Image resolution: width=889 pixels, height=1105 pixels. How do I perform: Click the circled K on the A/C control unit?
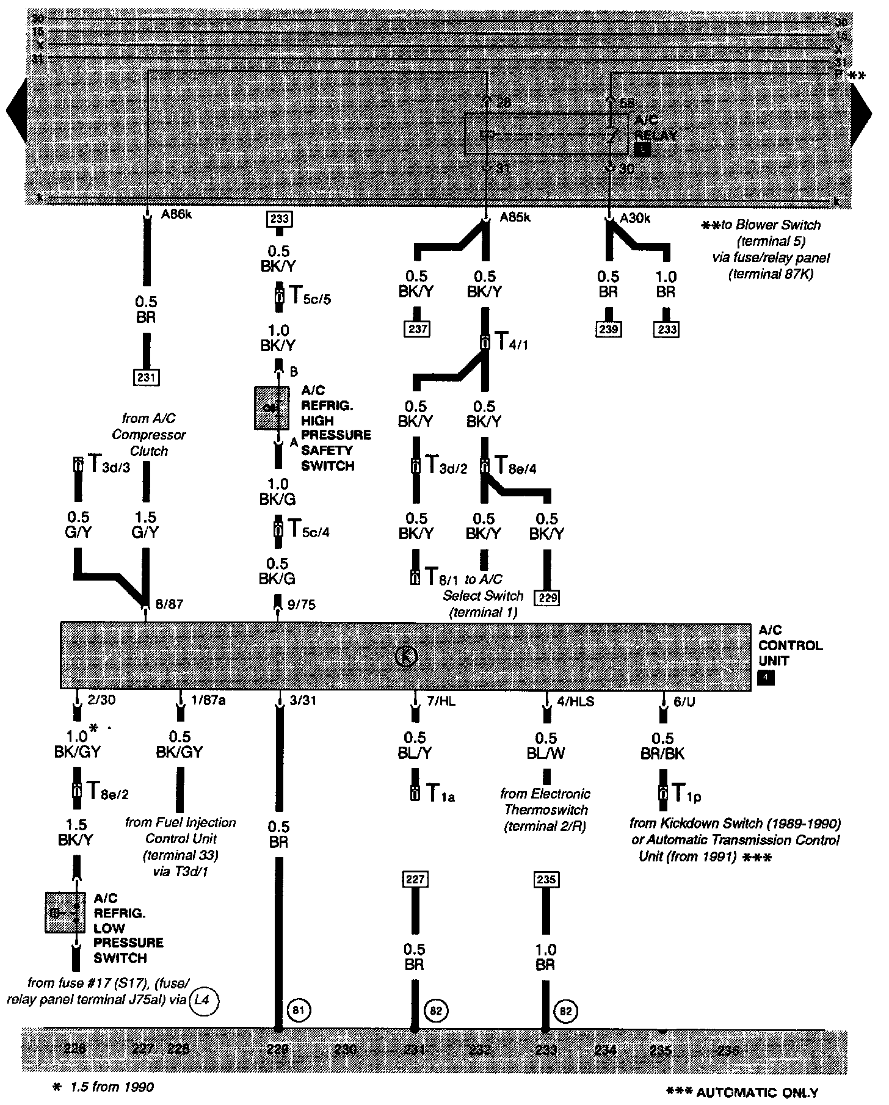coord(405,656)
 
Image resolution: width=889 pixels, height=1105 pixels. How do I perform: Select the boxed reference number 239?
coord(609,329)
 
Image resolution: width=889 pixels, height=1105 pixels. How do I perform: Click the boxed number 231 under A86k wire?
coord(147,377)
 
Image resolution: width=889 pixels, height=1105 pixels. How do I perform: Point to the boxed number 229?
coord(548,597)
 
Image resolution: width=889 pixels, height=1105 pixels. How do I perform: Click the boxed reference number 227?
coord(415,879)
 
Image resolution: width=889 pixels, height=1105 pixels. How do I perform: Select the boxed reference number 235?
coord(546,879)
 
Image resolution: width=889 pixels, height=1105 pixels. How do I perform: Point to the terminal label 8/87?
coord(169,604)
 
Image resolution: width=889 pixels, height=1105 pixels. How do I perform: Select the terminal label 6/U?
coord(684,701)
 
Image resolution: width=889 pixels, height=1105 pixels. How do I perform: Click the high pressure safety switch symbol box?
coord(272,408)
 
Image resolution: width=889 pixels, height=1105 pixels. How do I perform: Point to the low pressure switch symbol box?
coord(65,912)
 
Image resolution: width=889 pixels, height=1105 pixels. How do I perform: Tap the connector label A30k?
coord(635,217)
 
